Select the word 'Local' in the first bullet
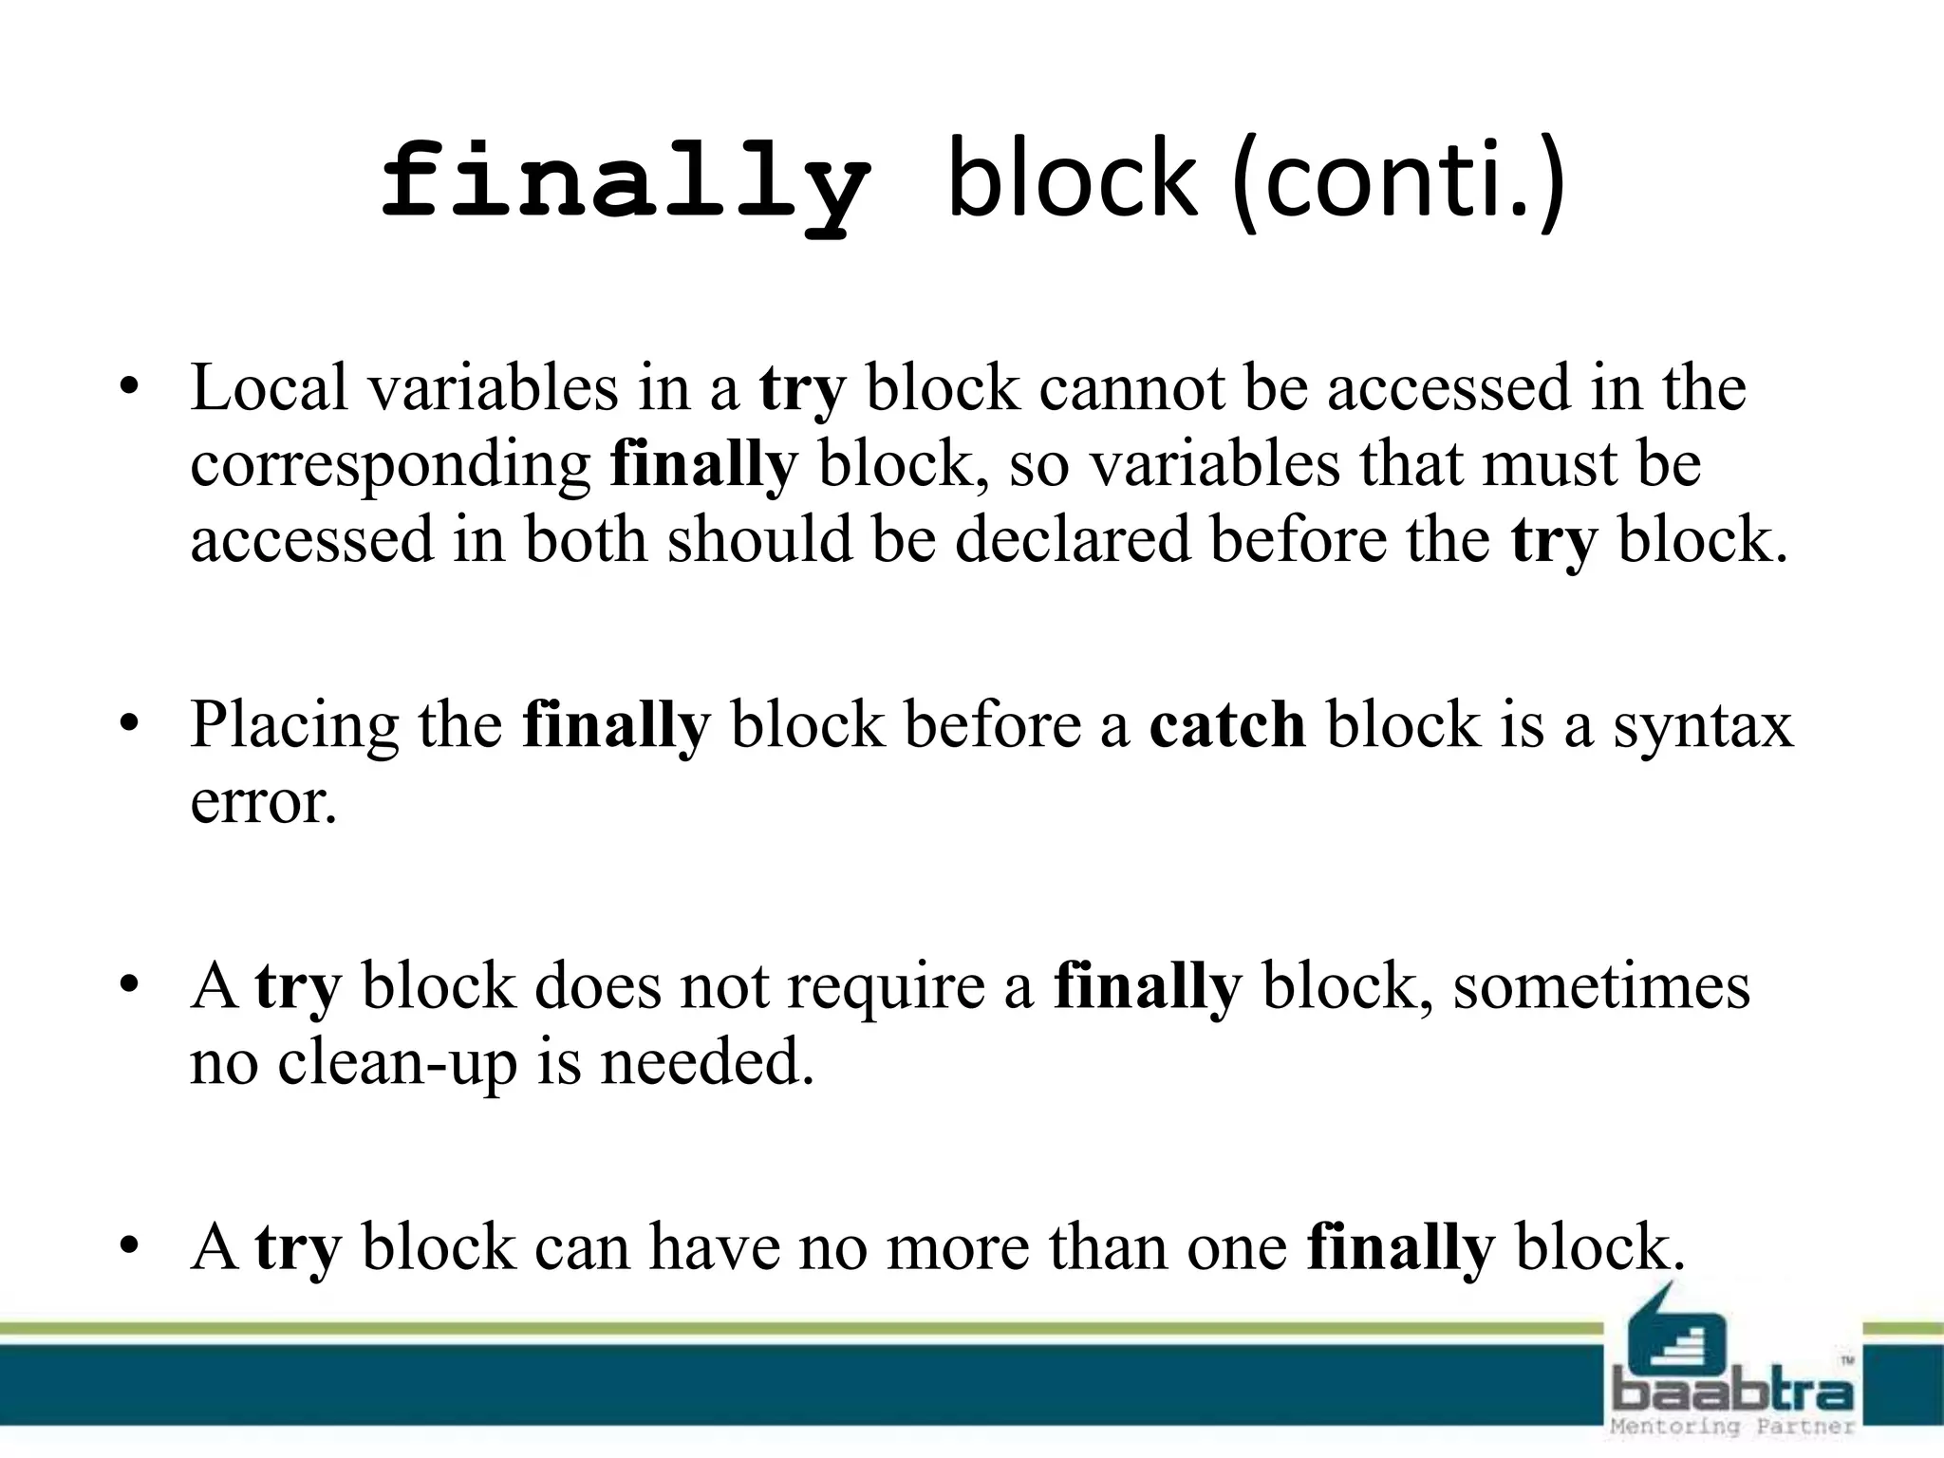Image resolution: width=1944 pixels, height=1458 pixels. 269,388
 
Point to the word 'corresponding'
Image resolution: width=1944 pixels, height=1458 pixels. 390,466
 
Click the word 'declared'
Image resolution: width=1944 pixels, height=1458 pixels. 1072,540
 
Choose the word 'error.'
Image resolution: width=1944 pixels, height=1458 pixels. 264,802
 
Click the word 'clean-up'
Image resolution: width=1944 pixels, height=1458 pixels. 397,1062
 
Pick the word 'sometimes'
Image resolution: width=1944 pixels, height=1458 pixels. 1601,987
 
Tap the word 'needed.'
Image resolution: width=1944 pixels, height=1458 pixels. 707,1062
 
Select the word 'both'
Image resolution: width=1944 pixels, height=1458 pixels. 585,540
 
